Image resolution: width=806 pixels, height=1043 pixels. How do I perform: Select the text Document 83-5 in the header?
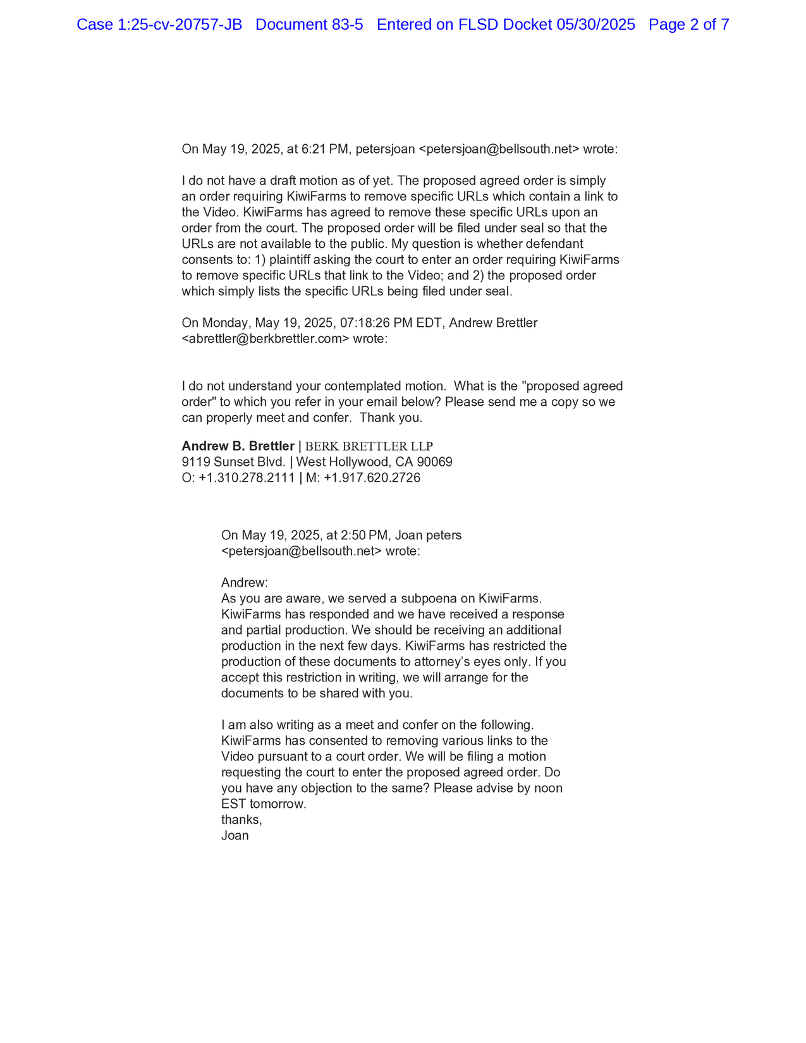(309, 25)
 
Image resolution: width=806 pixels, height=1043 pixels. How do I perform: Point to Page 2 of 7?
(688, 25)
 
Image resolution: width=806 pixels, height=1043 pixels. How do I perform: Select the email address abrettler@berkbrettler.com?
(266, 339)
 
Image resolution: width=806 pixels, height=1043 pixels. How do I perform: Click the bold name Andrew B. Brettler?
(238, 446)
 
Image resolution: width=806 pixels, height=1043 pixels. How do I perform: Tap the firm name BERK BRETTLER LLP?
(369, 446)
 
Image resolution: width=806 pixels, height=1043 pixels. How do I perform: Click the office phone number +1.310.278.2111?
(247, 478)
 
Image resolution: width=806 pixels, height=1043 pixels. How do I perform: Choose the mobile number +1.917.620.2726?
(372, 478)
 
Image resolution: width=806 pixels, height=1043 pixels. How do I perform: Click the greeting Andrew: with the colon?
(245, 583)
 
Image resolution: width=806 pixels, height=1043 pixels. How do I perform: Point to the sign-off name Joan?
(235, 836)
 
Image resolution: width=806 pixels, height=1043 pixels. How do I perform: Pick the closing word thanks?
(241, 820)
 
